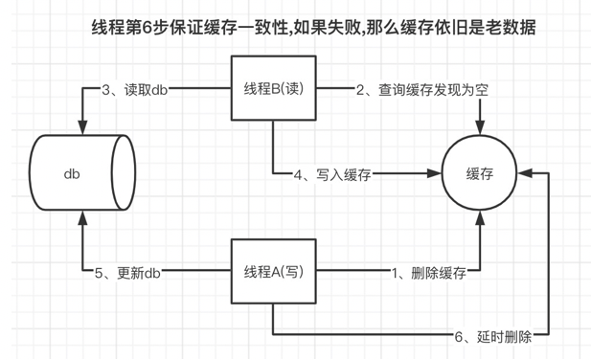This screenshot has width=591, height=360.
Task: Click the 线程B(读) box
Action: pos(273,89)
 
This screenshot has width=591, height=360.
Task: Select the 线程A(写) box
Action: pos(273,272)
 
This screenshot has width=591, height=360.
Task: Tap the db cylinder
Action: pos(81,174)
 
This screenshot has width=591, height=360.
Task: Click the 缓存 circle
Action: pos(478,174)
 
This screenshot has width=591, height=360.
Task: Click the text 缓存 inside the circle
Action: pos(478,174)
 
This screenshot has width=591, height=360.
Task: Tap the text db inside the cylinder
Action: pos(72,174)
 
